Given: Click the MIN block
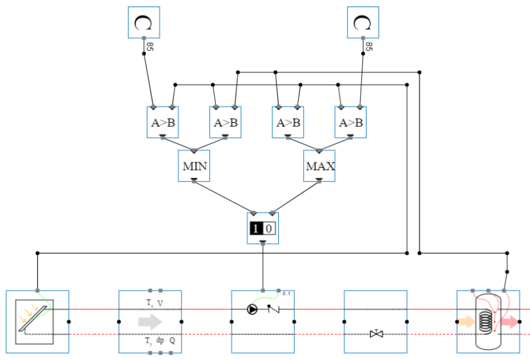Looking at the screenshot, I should pos(194,165).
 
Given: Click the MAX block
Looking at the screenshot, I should pos(319,165).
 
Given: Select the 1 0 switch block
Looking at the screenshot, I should pos(262,228).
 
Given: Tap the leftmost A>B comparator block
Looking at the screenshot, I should pos(162,122).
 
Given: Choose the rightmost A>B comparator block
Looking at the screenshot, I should pos(351,122).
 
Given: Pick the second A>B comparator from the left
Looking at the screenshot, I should pos(225,122).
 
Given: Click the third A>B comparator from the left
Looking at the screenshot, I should pos(288,122).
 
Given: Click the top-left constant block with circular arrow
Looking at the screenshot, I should pos(144,22).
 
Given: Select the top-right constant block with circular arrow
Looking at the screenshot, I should pos(363,22).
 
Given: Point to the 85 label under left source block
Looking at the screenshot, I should pos(150,46).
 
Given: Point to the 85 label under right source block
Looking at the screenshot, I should pos(369,46).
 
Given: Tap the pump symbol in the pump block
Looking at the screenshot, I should pos(252,309).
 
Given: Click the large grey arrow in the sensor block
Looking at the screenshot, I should pos(151,322).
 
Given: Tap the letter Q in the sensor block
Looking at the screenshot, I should pos(172,340).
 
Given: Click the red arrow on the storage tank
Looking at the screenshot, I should pos(509,322).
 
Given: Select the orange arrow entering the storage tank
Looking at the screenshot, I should pos(465,322).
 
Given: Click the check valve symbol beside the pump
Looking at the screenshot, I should pos(274,309).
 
